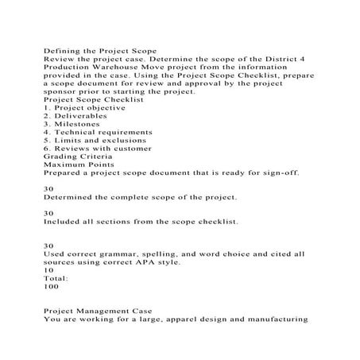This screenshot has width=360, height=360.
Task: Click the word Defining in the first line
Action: (62, 51)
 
